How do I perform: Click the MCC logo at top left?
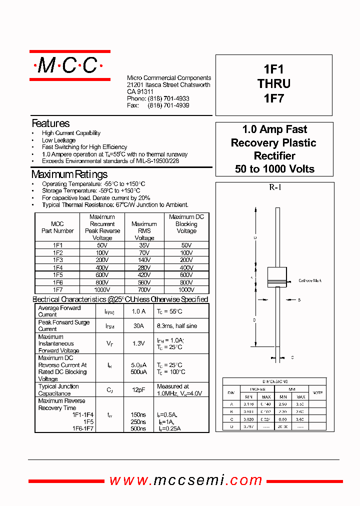coord(69,65)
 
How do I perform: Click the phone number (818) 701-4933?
coord(168,99)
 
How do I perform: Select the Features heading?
coord(50,123)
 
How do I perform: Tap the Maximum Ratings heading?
coord(69,174)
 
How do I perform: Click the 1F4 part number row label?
coord(57,267)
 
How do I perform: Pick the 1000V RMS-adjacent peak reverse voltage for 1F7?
coord(102,289)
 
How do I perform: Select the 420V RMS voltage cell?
coord(144,274)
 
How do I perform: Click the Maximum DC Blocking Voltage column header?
coord(186,224)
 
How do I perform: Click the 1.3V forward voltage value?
coord(138,343)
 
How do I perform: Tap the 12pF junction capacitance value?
coord(138,390)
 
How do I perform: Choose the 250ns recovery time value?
coord(138,421)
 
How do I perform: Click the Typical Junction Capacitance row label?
coord(58,390)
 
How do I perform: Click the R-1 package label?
coord(274,187)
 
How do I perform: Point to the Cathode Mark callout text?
coord(310,281)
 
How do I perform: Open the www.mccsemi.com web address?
coord(186,480)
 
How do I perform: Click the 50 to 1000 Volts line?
coord(274,169)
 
